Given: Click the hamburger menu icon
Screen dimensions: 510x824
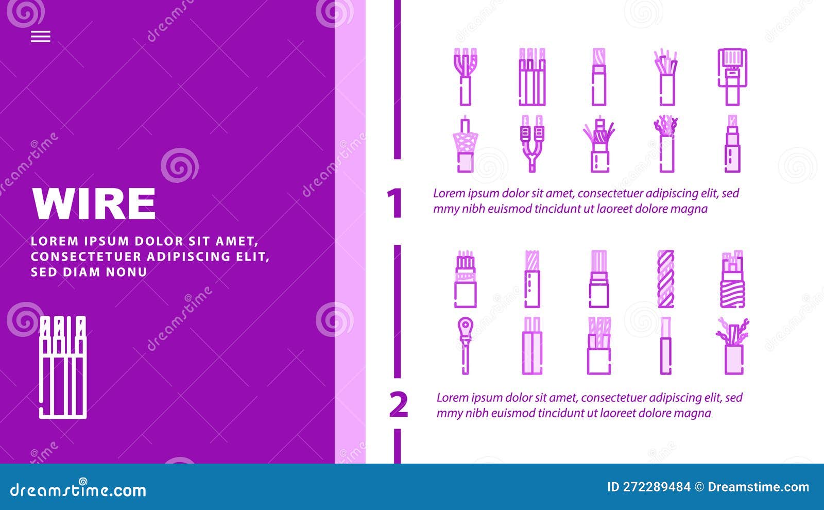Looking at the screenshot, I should coord(41,37).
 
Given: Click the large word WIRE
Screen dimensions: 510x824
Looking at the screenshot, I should coord(94,203).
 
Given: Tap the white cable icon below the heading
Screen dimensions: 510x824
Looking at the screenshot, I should coord(63,367).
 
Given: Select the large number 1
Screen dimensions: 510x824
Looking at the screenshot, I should coord(394,203).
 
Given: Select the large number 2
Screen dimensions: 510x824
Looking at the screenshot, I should coord(399,405).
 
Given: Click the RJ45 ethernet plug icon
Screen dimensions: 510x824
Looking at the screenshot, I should coord(732,77).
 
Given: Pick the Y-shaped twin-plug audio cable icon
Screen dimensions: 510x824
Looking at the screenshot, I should coord(532,143).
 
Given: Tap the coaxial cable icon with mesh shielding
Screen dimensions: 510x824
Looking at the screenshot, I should coord(465,144).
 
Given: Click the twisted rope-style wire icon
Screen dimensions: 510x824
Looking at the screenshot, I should coord(666,279).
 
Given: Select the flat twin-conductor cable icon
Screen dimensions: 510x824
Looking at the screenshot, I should coord(532,345).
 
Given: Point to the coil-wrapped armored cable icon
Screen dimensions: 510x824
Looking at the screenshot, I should coord(732,279).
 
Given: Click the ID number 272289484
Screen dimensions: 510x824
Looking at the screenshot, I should coord(656,487).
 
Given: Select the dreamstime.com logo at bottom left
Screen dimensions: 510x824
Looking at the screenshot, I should coord(78,490).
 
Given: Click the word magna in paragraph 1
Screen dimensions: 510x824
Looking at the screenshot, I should coord(690,209).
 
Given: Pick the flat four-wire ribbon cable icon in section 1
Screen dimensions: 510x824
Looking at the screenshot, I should coord(532,77).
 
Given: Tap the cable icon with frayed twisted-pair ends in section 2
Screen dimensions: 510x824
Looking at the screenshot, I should coord(732,345).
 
